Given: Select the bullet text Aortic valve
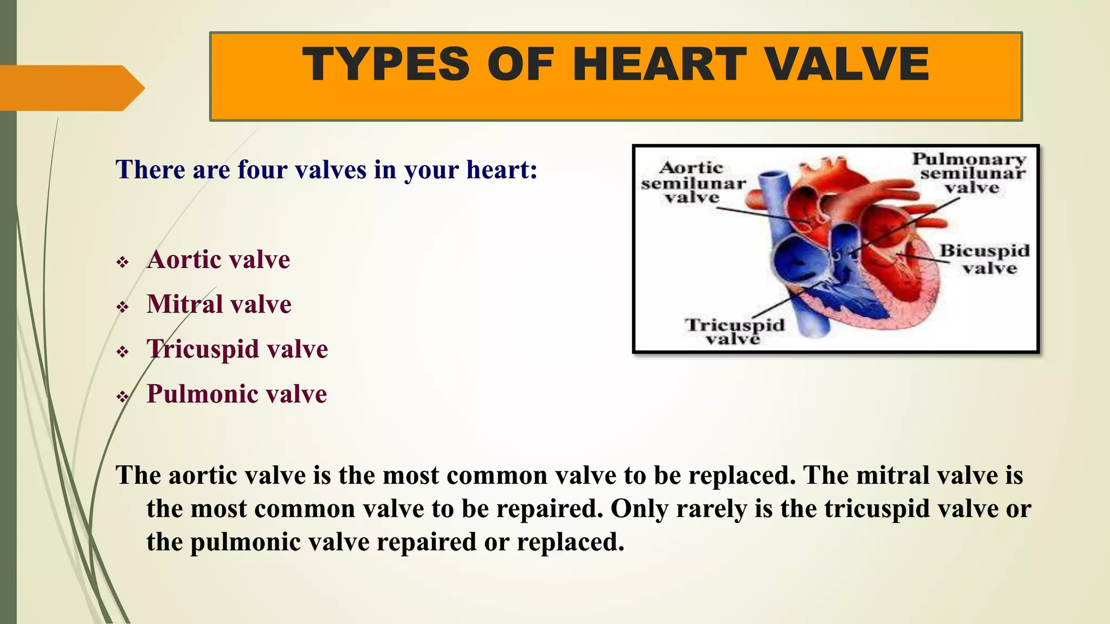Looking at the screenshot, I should coord(218,259).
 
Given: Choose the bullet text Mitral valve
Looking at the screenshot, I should coord(219,304).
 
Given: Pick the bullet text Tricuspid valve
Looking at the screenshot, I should coord(237,349).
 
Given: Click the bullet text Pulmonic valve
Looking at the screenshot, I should coord(237,394).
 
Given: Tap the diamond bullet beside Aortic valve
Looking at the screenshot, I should coord(122,263).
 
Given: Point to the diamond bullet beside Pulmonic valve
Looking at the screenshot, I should coord(122,397).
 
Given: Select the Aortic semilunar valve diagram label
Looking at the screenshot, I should coord(693,183).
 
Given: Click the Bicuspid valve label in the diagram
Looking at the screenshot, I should coord(985,259).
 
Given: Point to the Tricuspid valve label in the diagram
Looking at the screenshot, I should coord(734,331).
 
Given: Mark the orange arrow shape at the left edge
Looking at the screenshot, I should coord(70,88).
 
